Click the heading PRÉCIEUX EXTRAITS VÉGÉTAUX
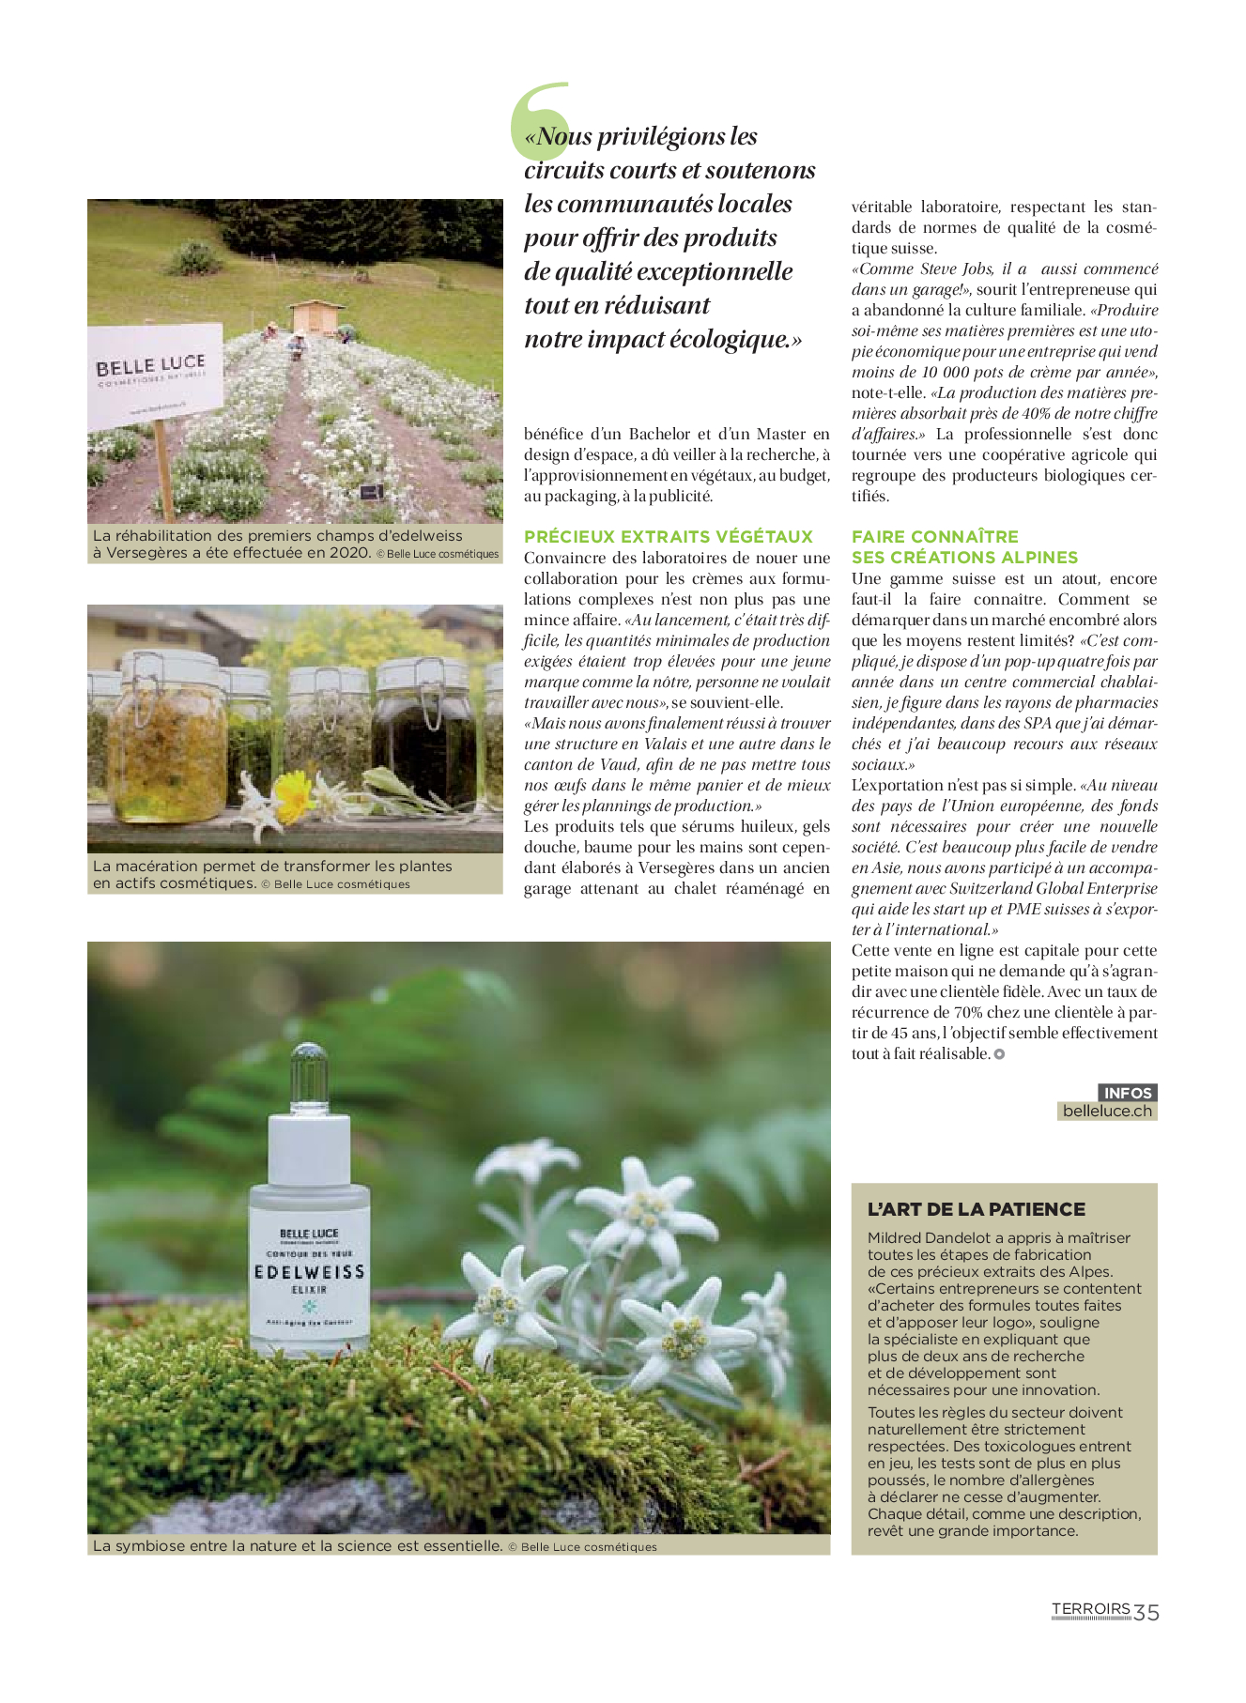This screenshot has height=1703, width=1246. pyautogui.click(x=668, y=537)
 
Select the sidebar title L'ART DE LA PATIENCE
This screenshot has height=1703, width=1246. pyautogui.click(x=976, y=1209)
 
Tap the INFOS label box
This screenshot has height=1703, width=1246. pyautogui.click(x=1127, y=1093)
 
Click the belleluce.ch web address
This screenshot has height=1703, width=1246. pyautogui.click(x=1106, y=1112)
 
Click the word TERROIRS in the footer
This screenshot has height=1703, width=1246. pyautogui.click(x=1090, y=1609)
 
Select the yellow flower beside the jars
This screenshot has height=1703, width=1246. pyautogui.click(x=292, y=794)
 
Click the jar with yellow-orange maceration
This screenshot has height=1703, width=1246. pyautogui.click(x=167, y=742)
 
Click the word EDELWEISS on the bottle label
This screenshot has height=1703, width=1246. pyautogui.click(x=309, y=1272)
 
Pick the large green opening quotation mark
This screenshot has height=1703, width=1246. pyautogui.click(x=539, y=120)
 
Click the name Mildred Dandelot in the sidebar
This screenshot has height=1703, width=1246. pyautogui.click(x=934, y=1238)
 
